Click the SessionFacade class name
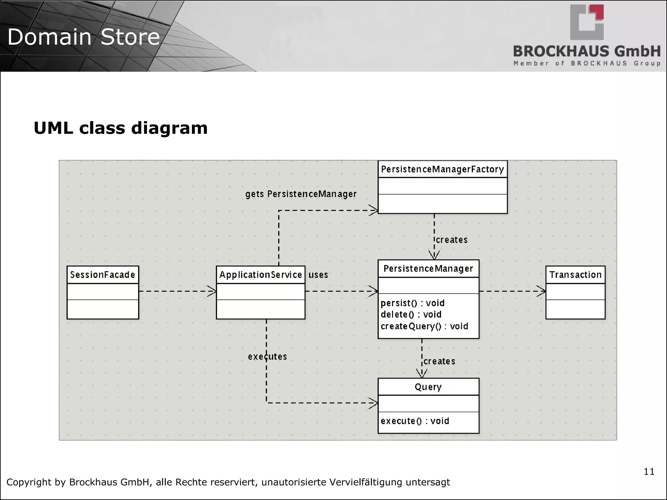point(103,275)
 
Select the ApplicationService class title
point(261,275)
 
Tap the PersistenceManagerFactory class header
point(442,169)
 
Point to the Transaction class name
point(575,275)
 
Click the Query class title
point(428,387)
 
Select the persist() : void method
point(412,303)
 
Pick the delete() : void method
point(411,315)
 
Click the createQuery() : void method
point(424,326)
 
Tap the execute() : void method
point(415,421)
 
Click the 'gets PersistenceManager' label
point(301,194)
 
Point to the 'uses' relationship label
point(318,275)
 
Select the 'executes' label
point(267,357)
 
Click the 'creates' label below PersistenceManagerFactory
point(452,240)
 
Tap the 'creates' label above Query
point(439,362)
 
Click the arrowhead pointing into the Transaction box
point(542,291)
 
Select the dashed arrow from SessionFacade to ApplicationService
point(177,291)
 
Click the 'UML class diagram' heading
point(121,128)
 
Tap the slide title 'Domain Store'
point(84,37)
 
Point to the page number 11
point(649,472)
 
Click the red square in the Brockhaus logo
point(598,12)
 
